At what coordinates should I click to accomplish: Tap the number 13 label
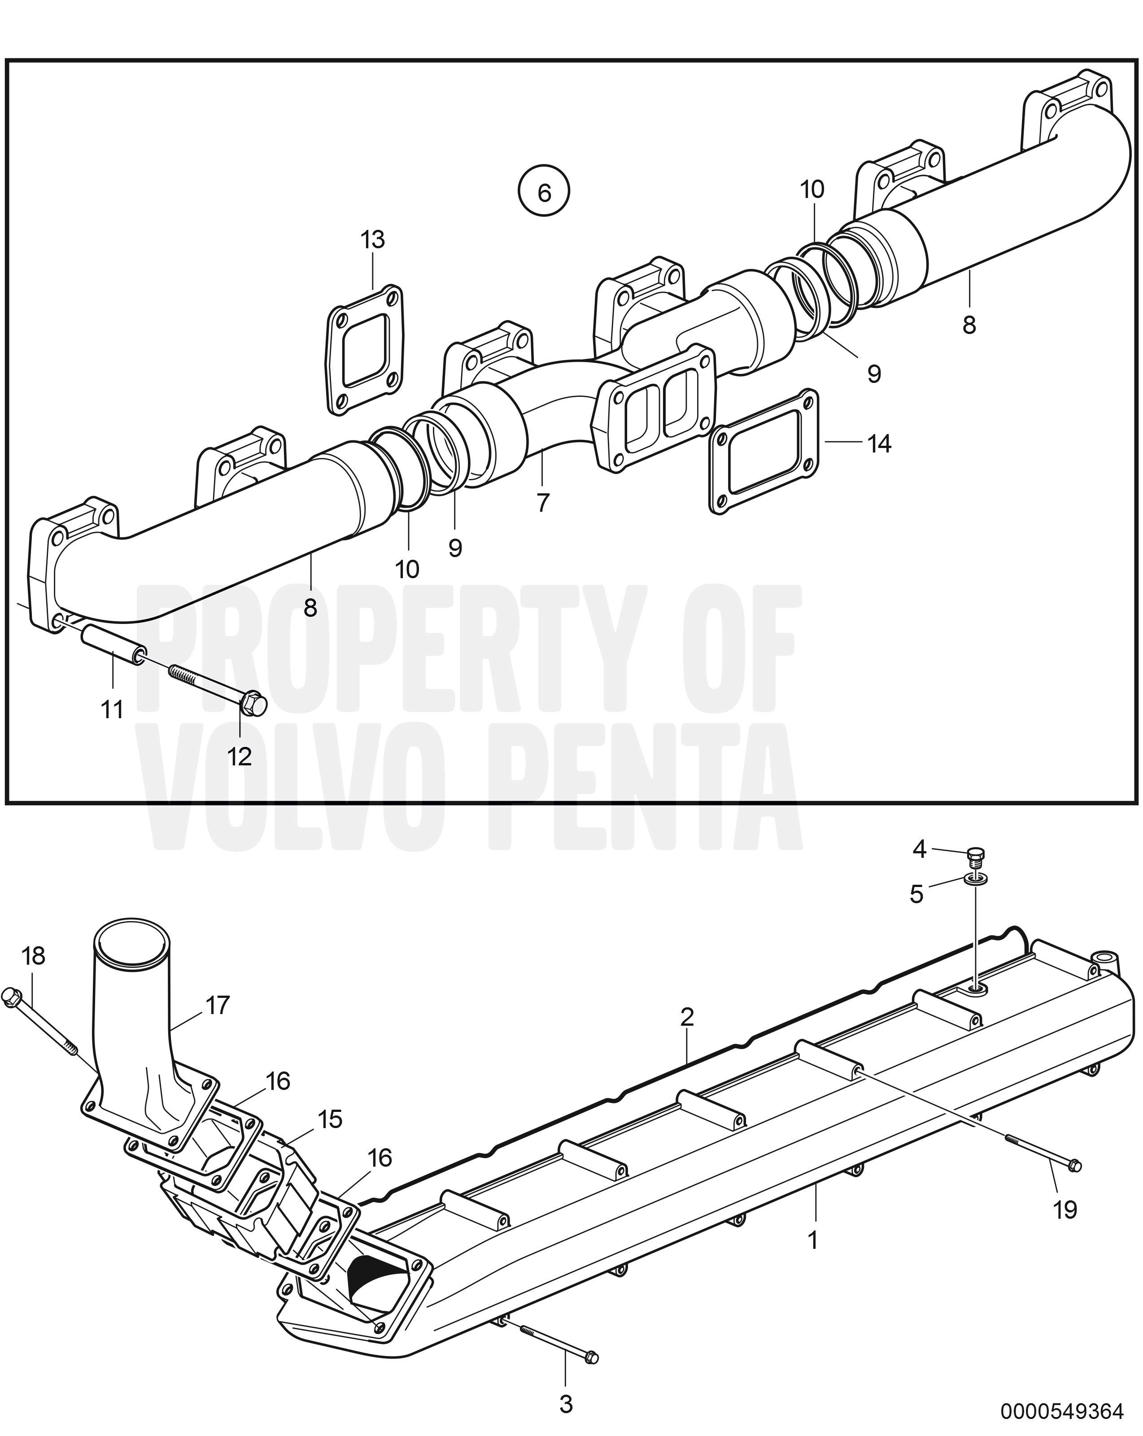pos(373,239)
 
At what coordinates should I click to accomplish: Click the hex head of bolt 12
pos(253,703)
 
